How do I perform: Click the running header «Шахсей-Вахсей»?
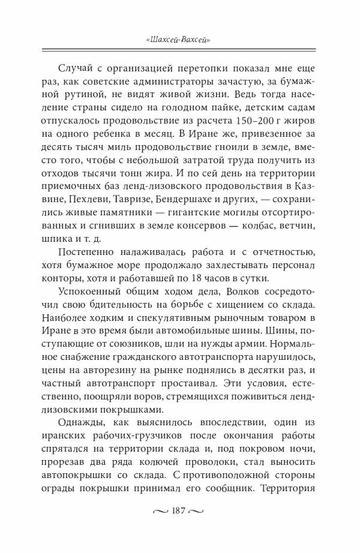pos(181,40)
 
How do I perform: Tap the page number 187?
pos(180,528)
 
